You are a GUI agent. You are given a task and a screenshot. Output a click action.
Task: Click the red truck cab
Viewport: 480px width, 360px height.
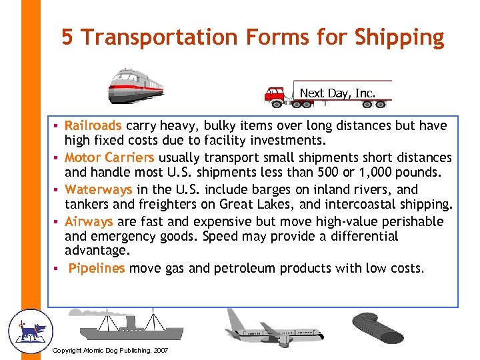[x=274, y=95]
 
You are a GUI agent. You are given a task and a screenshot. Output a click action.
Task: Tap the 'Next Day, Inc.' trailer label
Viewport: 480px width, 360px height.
[x=337, y=93]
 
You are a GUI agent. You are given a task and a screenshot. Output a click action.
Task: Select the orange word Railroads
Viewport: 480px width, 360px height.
[x=93, y=125]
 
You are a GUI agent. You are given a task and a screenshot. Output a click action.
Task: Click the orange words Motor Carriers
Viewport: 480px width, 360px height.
[x=109, y=157]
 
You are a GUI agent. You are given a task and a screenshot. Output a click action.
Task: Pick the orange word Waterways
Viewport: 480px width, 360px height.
[x=99, y=189]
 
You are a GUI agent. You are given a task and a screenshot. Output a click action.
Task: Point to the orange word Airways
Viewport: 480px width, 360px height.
[x=89, y=221]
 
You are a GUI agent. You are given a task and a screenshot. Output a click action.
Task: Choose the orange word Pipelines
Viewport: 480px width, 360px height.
[x=97, y=268]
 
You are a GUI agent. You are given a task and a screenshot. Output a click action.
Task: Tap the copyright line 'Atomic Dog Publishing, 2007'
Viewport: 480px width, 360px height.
[x=110, y=351]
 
